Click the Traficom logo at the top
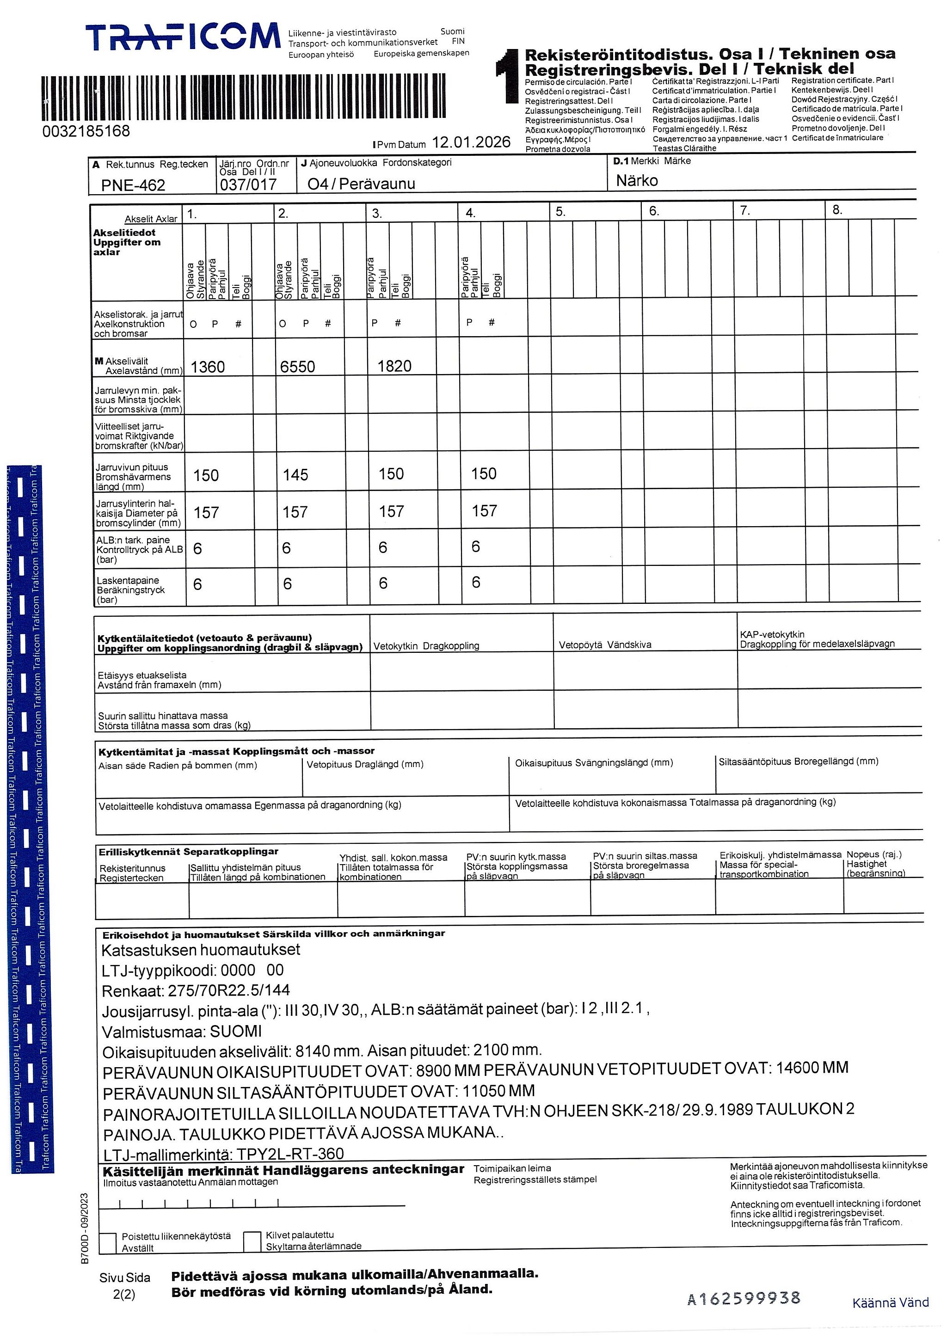183,37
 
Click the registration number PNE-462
133,185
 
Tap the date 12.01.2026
471,142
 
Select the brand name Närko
637,181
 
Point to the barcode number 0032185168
86,131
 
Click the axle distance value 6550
297,367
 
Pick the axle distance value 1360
208,367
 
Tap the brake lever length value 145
295,475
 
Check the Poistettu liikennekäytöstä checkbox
108,1243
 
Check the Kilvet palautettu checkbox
252,1241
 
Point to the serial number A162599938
744,1298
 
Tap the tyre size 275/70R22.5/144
228,990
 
